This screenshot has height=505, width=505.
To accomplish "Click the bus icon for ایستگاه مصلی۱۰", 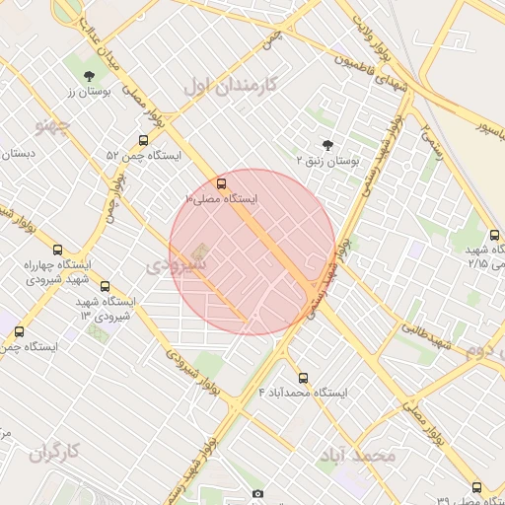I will [x=220, y=183].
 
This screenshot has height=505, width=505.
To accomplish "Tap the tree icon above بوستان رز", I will [x=90, y=75].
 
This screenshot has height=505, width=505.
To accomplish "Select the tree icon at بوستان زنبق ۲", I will [x=328, y=144].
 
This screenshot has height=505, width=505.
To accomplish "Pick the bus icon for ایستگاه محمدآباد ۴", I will [x=303, y=377].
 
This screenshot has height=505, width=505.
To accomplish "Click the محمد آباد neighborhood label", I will [x=356, y=455].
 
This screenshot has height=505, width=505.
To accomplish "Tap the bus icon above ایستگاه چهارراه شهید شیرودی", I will [x=57, y=250].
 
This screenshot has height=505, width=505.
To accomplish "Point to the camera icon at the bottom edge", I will [x=258, y=493].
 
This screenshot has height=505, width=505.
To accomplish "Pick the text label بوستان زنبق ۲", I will [x=328, y=159].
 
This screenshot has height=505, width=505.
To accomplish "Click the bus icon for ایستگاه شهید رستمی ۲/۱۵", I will [x=496, y=235].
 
